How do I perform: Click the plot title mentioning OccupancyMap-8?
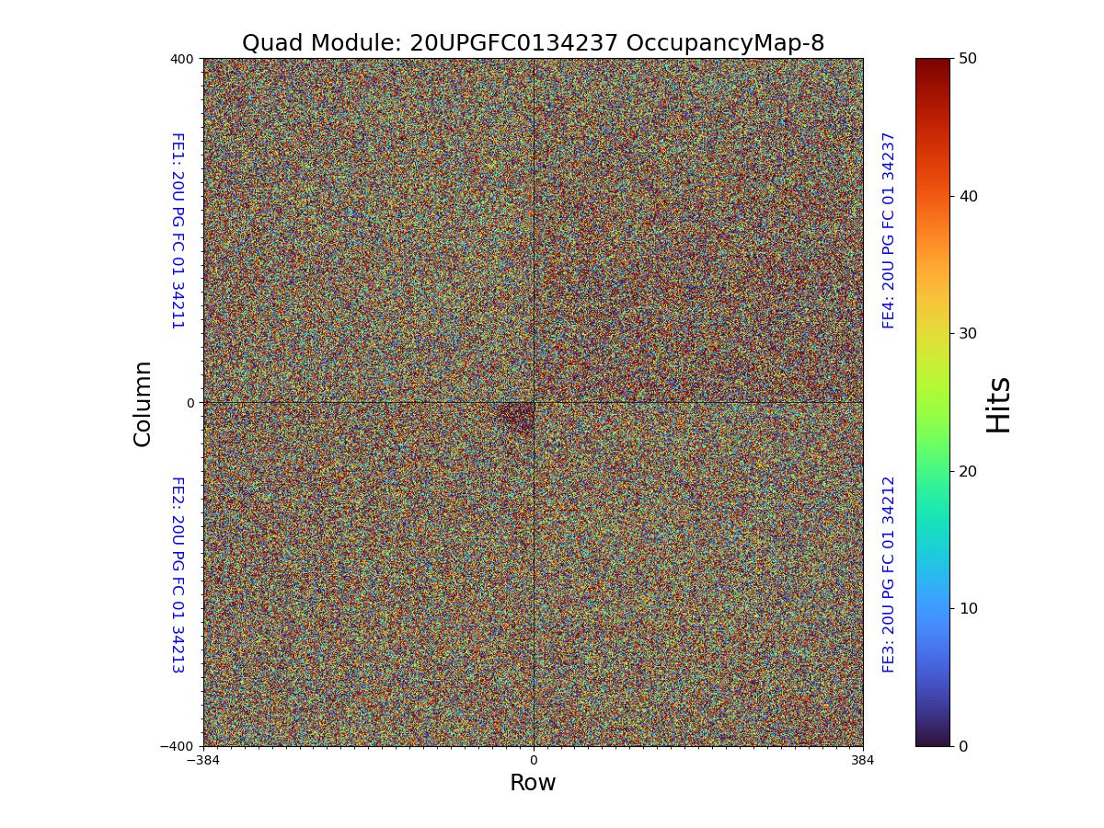pos(533,43)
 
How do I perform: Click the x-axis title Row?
pos(533,783)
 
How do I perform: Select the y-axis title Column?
pos(143,403)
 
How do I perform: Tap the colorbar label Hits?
pos(998,403)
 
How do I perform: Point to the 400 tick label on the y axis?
pos(182,59)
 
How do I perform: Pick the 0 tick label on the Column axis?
pos(190,403)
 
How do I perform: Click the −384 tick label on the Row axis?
pos(203,761)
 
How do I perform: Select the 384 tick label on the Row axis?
pos(863,761)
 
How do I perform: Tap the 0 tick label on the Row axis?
pos(533,761)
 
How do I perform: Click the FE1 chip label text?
pos(177,230)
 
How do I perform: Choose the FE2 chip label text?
pos(177,574)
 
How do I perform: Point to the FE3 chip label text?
pos(889,574)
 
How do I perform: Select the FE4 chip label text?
pos(889,230)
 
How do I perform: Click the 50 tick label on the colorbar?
pos(968,58)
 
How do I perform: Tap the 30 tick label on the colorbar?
pos(968,333)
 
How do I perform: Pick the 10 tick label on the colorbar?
pos(968,608)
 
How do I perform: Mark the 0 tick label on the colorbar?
pos(963,746)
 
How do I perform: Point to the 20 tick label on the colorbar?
pos(968,471)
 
